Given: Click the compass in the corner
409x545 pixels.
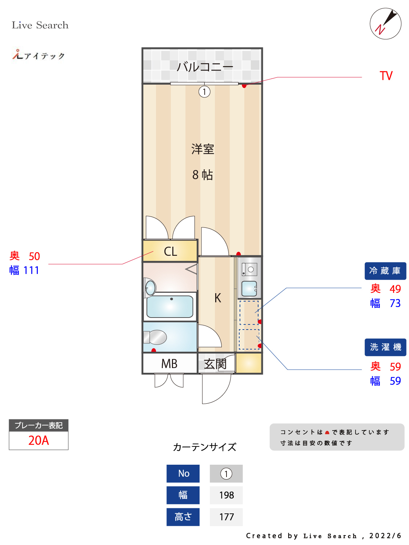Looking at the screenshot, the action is pos(385,24).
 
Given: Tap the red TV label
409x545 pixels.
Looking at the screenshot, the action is pos(386,76).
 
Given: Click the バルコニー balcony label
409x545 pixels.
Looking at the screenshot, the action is pos(205,66).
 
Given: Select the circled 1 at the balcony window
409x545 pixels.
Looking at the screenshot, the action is pos(204,92).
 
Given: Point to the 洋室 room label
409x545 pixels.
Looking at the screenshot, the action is pos(203,149).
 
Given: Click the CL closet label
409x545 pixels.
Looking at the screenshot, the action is pos(171,251).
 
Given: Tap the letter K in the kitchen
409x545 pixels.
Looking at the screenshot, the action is pos(217,298).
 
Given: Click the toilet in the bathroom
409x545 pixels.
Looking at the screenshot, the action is pos(155,337).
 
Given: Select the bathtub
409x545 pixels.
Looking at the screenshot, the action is pos(170,306).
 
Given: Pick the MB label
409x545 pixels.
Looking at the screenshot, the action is pos(169,363).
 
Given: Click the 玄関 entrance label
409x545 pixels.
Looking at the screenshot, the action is pos(215,364).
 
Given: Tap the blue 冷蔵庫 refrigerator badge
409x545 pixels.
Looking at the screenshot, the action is pos(385,271).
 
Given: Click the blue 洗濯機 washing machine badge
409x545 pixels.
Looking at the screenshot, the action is pos(385,347).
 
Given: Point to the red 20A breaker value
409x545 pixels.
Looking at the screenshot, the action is pos(39,440).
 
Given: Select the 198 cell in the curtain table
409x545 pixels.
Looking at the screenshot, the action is pos(226,495).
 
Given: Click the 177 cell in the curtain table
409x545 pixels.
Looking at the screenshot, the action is pos(226,517).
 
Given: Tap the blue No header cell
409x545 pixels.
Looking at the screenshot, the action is pos(183,473).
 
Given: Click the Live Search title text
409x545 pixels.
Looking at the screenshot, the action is pos(40,25).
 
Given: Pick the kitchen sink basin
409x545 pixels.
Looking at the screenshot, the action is pos(249,288).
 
